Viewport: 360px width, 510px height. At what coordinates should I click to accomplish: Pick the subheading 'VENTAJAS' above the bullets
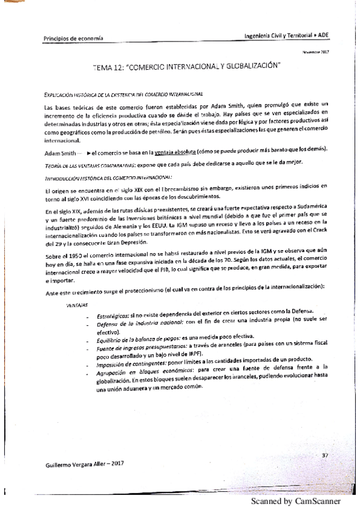pos(76,305)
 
